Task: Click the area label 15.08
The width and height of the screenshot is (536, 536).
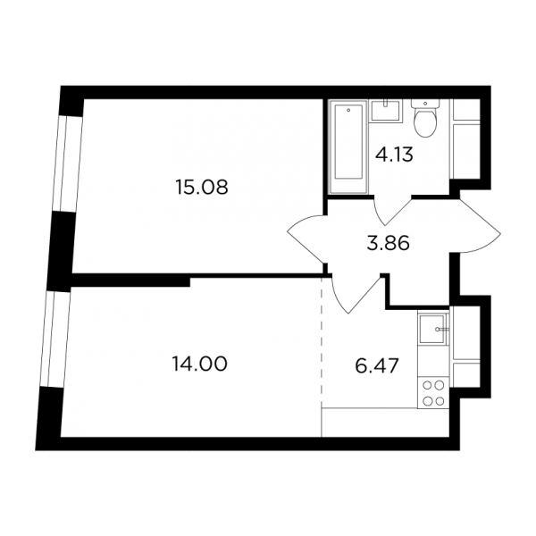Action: pos(201,188)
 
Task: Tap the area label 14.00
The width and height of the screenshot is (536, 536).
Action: pos(200,364)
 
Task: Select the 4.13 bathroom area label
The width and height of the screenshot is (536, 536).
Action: pos(394,155)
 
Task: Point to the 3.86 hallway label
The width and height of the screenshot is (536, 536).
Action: pos(389,244)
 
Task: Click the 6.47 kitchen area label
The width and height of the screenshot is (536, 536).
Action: pos(377,366)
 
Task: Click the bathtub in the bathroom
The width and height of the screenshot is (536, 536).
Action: pos(348,146)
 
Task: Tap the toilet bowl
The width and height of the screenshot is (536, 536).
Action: pos(425,124)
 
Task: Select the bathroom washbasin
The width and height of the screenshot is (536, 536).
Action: pos(386,111)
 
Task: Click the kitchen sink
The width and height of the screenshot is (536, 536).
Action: pos(432,329)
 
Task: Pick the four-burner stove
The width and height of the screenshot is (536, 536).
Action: pos(433,393)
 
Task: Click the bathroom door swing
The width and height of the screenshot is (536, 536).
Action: pos(393,211)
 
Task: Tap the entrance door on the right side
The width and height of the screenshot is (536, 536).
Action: pos(479,226)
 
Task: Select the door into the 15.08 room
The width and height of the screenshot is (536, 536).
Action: pos(306,239)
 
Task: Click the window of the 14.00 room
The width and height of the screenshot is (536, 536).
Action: pos(55,339)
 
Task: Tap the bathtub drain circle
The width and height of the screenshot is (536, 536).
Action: pos(348,110)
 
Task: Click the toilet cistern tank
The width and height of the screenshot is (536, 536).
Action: pos(425,104)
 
